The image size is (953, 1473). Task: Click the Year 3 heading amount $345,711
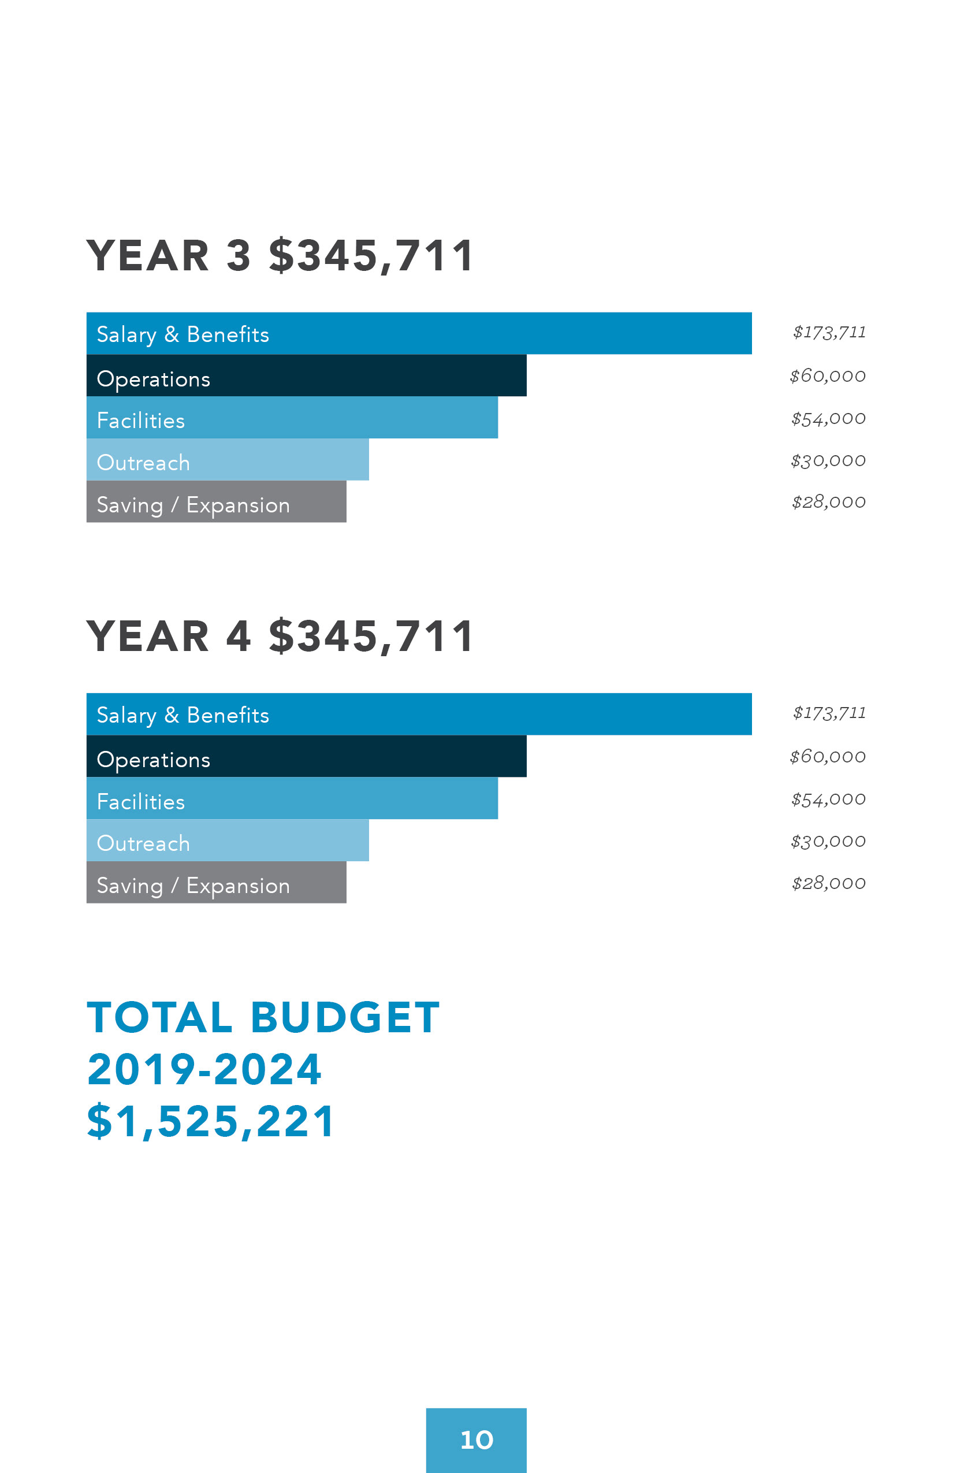371,255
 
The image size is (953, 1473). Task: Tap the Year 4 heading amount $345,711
371,636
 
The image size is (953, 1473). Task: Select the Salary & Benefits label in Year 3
183,334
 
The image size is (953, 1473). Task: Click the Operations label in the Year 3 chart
154,379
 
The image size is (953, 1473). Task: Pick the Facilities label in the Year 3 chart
141,421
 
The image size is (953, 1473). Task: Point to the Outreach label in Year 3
144,463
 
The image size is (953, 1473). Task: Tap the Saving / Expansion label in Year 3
193,505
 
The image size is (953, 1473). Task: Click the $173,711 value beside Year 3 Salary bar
829,332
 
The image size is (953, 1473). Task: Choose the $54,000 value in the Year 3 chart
828,418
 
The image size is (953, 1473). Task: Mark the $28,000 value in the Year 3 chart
829,502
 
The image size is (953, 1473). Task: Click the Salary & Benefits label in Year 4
183,715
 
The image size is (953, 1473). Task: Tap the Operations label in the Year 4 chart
154,760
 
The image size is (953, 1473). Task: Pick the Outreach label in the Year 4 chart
144,843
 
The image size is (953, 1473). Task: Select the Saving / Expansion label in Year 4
193,886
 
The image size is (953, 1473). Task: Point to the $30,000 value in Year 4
828,841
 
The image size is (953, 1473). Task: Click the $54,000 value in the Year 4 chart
828,799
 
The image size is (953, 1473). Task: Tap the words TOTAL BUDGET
263,1017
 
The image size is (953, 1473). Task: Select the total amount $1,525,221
211,1121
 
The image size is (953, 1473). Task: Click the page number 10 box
476,1440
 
